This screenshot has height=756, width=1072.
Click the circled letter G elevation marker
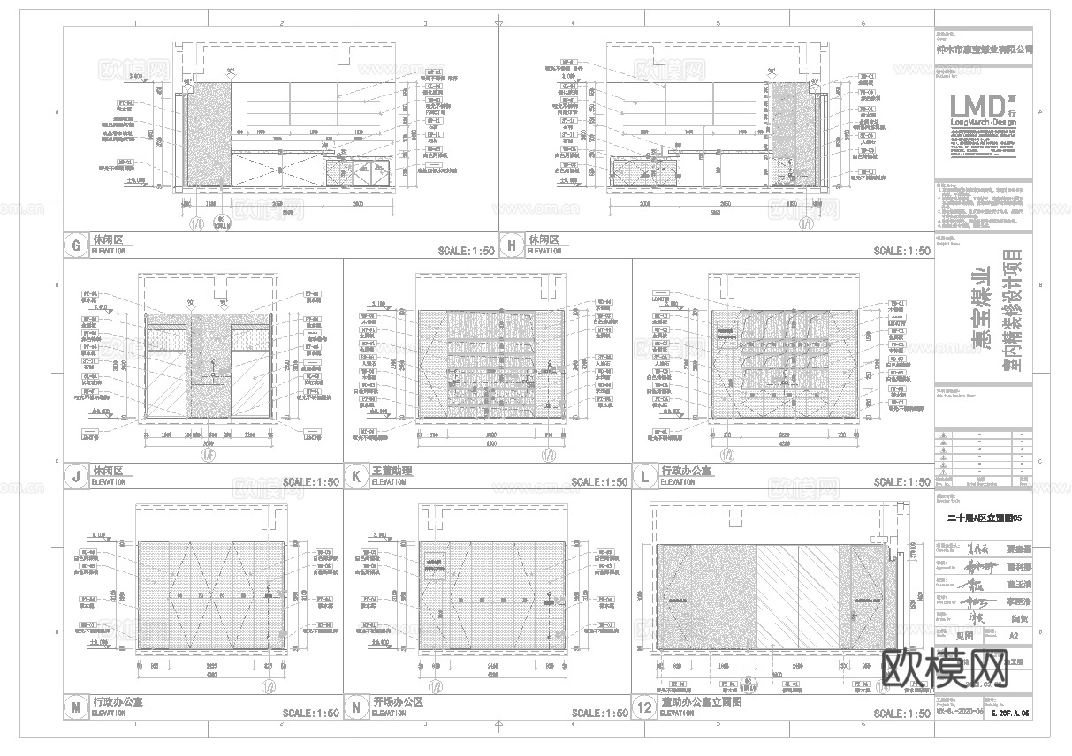point(76,245)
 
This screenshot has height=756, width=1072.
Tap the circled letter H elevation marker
point(512,245)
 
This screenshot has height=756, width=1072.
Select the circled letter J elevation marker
point(76,477)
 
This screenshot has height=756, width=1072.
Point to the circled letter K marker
point(355,477)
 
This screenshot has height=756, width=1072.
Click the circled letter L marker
point(645,477)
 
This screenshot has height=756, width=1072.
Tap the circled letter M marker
point(76,707)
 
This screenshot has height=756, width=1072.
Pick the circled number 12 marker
point(645,707)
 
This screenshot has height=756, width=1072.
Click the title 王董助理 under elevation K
point(392,472)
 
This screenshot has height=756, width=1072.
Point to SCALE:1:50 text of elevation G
point(463,251)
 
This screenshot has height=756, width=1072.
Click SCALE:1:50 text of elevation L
point(901,482)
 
